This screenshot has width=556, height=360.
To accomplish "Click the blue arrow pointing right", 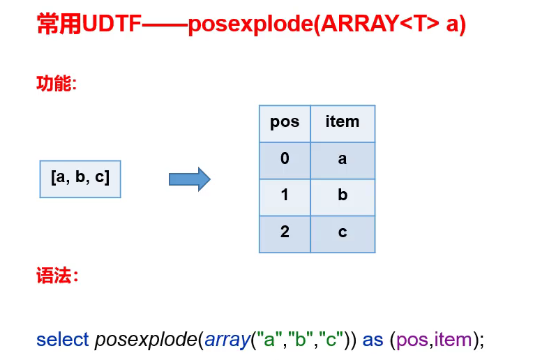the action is pyautogui.click(x=189, y=179).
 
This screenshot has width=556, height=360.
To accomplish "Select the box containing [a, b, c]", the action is pyautogui.click(x=80, y=178).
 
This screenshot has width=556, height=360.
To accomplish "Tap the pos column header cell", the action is pyautogui.click(x=285, y=123).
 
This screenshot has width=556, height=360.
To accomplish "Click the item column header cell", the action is pyautogui.click(x=343, y=123).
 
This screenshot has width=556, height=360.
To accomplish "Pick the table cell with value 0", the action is pyautogui.click(x=285, y=160).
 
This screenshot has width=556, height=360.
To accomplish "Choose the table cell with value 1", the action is pyautogui.click(x=285, y=196).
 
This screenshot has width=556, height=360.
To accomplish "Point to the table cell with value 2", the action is pyautogui.click(x=285, y=233).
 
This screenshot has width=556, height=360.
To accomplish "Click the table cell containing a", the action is pyautogui.click(x=343, y=160).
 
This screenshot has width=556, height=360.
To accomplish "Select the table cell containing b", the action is pyautogui.click(x=343, y=196).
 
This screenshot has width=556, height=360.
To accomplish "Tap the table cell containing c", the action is pyautogui.click(x=343, y=233).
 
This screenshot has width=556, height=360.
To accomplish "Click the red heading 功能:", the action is pyautogui.click(x=56, y=84).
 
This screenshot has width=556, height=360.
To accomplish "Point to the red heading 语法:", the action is pyautogui.click(x=56, y=276).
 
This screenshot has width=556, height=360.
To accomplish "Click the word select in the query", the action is pyautogui.click(x=62, y=340).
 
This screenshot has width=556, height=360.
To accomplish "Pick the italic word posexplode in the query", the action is pyautogui.click(x=145, y=340).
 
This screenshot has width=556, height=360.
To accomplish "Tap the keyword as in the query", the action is pyautogui.click(x=373, y=340).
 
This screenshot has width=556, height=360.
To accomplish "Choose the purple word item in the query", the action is pyautogui.click(x=453, y=340).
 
